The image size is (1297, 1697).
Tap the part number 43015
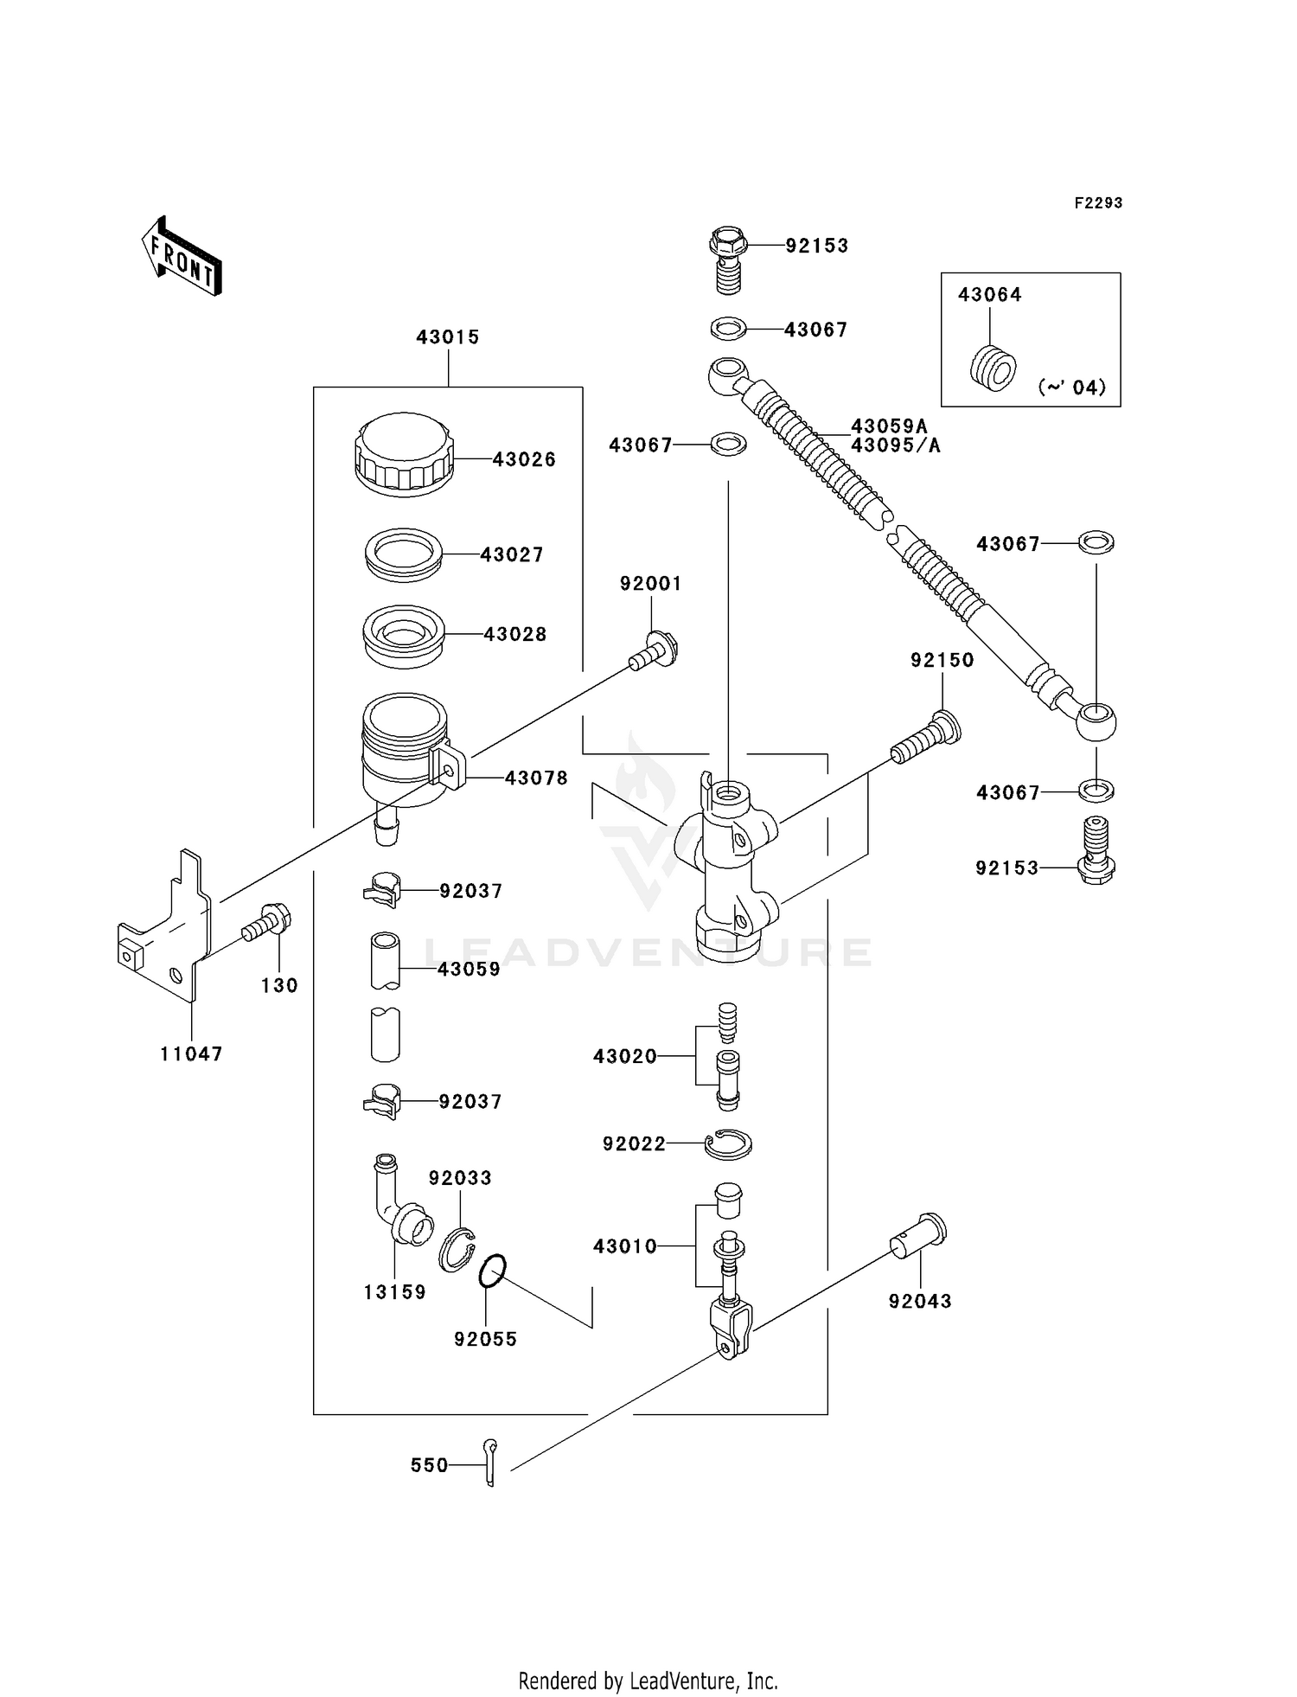448,337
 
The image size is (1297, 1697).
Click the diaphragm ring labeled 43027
404,554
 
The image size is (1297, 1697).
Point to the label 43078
536,778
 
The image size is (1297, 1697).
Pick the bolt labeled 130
266,923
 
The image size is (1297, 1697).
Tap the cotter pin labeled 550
490,1462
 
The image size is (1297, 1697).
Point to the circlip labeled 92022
728,1144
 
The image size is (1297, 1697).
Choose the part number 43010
625,1246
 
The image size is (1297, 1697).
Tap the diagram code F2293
1098,203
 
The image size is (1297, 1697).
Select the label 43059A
889,426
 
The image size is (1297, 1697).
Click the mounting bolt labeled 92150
925,737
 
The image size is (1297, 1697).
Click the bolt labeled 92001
654,651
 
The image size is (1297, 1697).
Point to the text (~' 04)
1072,387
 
